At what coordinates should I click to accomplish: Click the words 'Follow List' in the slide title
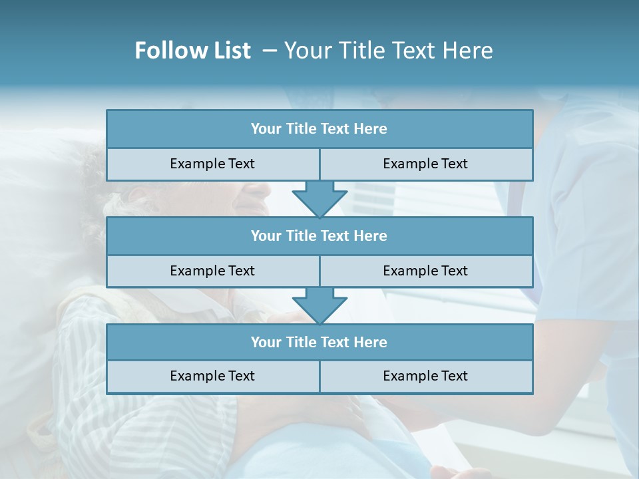(192, 51)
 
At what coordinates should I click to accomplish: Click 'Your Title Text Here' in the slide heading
(388, 51)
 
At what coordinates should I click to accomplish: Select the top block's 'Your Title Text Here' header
(319, 129)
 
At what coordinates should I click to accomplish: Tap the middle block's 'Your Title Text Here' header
(319, 236)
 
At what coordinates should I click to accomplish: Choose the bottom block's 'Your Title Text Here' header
(319, 342)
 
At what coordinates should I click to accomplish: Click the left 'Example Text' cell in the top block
(212, 164)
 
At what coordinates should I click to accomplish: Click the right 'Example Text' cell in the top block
(425, 164)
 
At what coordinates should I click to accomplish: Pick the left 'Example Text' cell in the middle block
(212, 271)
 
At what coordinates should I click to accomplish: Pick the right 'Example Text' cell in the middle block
(425, 271)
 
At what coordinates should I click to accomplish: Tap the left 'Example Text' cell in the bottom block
(212, 376)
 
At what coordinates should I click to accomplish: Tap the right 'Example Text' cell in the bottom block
(425, 376)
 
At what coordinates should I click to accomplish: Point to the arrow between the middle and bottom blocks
(319, 305)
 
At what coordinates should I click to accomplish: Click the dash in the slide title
(270, 51)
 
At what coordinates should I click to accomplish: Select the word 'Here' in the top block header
(371, 129)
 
